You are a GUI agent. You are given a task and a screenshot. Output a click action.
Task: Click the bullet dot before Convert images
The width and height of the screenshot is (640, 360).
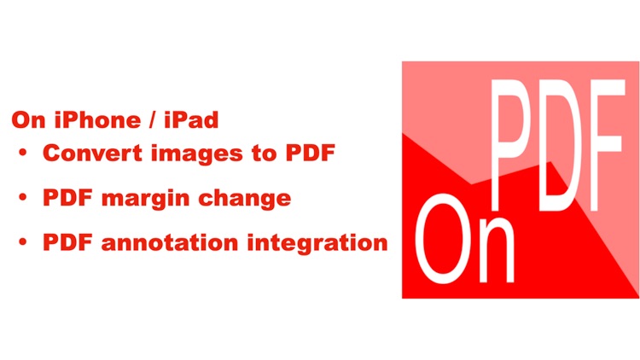click(23, 154)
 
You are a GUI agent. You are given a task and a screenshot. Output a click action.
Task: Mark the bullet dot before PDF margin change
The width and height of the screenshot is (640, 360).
click(23, 198)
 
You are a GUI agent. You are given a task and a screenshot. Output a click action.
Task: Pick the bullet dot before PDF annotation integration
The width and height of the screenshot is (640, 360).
click(23, 242)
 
